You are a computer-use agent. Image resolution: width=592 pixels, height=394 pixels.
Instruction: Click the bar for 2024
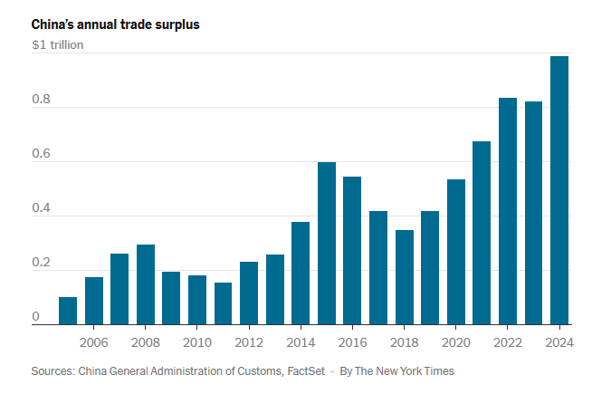click(559, 190)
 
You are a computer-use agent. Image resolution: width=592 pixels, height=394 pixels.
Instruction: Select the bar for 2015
click(327, 243)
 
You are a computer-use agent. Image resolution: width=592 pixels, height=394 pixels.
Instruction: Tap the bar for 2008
click(146, 283)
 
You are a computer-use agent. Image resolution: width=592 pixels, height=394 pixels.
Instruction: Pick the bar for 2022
click(508, 210)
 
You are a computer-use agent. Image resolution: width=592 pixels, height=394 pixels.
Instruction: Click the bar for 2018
click(405, 276)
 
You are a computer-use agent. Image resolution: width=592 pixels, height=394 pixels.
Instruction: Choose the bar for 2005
click(68, 310)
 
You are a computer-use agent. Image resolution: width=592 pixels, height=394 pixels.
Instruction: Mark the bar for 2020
click(456, 251)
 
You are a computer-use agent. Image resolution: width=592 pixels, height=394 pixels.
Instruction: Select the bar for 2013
click(274, 289)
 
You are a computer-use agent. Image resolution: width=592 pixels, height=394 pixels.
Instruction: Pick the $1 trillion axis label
click(57, 44)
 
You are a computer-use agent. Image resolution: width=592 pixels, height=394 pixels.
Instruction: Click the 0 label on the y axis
click(36, 317)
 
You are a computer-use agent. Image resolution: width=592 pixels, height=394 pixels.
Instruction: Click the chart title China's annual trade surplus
click(115, 24)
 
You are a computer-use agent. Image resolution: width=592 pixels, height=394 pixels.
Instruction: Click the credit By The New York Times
click(396, 371)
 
